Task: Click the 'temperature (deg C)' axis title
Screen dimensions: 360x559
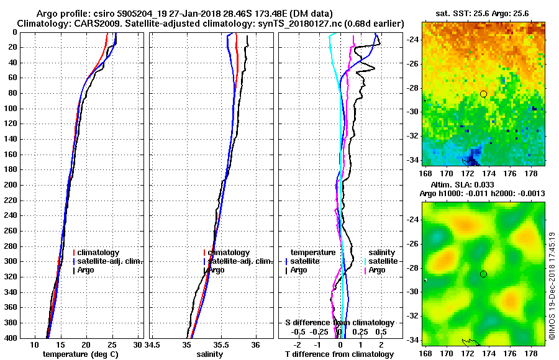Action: click(80, 354)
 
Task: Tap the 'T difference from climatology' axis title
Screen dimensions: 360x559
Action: click(339, 354)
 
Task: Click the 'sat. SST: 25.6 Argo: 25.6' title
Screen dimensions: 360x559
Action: click(483, 14)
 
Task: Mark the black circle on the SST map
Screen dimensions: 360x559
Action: click(483, 94)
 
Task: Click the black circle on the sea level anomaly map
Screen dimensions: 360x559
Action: click(483, 274)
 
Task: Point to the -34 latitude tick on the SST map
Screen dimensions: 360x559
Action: click(412, 160)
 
